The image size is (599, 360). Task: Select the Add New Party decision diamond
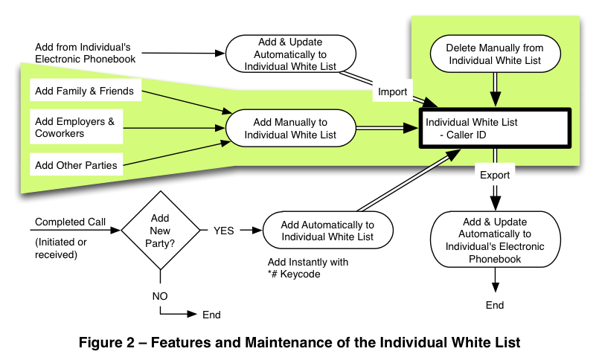pos(160,231)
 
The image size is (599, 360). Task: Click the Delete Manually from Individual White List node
pos(494,54)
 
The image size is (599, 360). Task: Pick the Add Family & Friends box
pos(84,91)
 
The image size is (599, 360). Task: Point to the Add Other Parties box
pos(76,165)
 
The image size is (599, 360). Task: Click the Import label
pos(393,92)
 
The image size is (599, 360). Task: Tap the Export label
pos(494,176)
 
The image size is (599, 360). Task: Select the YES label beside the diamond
pos(223,231)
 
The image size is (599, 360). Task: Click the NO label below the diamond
pos(159,296)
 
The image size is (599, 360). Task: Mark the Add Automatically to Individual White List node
pos(329,231)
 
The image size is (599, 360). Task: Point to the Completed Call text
pos(71,222)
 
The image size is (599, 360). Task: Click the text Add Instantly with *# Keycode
pos(308,269)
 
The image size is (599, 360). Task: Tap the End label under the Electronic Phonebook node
pos(495,305)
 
